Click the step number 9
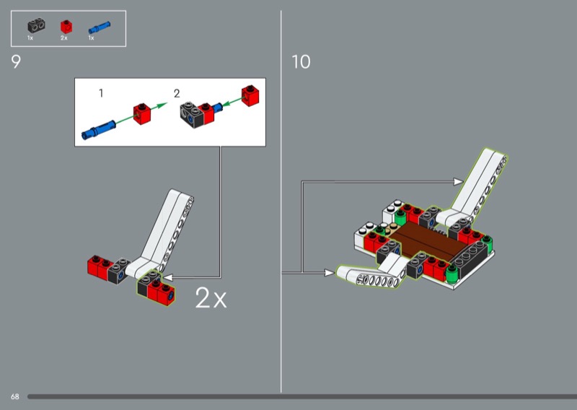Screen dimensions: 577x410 16,61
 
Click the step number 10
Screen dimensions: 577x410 301,61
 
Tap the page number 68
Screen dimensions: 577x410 14,396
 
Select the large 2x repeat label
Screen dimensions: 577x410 211,297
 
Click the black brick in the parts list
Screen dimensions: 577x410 36,26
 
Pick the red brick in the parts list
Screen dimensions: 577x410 66,27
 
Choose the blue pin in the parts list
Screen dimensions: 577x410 100,27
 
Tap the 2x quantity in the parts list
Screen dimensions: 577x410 64,38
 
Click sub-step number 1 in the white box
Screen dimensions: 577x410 101,93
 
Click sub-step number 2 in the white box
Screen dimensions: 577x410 177,94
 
